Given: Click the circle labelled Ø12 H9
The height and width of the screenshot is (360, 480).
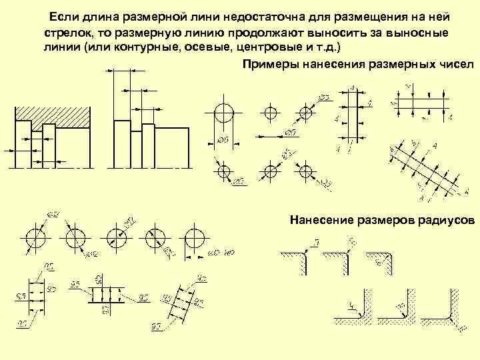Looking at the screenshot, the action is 195,238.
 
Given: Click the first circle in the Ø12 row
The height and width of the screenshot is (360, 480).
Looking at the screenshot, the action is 35,238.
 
